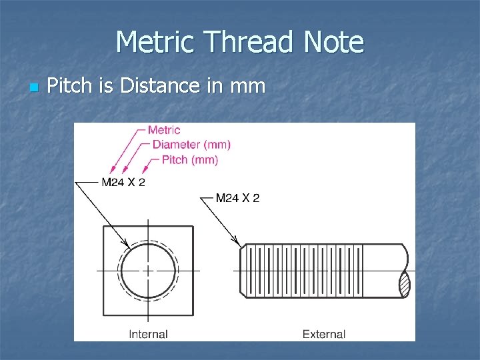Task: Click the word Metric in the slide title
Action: click(x=157, y=42)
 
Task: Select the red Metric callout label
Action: click(x=164, y=131)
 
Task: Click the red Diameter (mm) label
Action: click(x=191, y=145)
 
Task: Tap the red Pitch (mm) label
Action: click(x=190, y=160)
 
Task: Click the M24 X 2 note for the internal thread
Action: click(x=123, y=182)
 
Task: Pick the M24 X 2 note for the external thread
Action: click(x=237, y=197)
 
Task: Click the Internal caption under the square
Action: click(x=148, y=334)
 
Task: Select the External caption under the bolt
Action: click(x=324, y=334)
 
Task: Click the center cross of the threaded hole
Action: click(x=148, y=271)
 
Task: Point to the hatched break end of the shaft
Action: click(x=404, y=285)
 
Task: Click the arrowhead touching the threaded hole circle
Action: click(x=126, y=243)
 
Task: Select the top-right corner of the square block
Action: click(x=193, y=227)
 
